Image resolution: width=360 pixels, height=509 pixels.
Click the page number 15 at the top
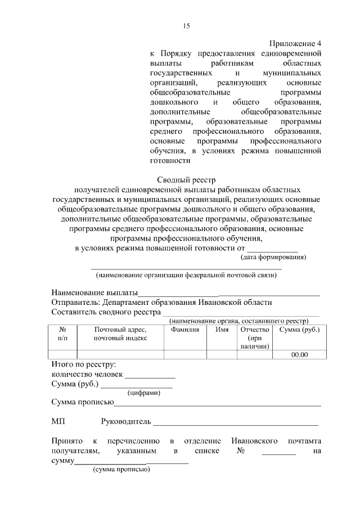[x=187, y=26]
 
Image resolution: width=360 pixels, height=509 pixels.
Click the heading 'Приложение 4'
[x=295, y=43]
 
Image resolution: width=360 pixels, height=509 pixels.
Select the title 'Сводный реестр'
[x=186, y=180]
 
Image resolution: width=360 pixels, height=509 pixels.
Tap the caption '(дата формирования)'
[x=273, y=257]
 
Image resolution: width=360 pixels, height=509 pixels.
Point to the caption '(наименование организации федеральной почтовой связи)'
[x=186, y=275]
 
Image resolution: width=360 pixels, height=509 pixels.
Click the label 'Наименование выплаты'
[x=94, y=292]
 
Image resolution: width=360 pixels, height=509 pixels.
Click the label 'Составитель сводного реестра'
[x=106, y=312]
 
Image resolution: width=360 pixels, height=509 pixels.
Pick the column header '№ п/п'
[x=63, y=334]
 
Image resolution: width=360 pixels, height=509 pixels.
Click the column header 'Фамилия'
[x=185, y=330]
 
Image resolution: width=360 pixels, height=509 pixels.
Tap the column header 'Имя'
[x=222, y=330]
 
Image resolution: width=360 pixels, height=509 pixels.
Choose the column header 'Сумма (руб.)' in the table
[x=299, y=330]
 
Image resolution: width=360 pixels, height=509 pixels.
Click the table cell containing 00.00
[x=299, y=354]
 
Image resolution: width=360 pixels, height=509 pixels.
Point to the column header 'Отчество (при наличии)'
[x=255, y=338]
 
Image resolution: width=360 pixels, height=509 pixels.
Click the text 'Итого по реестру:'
[x=83, y=364]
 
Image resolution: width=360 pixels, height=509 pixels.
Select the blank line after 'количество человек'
[x=150, y=376]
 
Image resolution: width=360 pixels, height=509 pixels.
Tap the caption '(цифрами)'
[x=144, y=393]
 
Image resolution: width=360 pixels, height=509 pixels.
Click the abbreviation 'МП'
[x=58, y=421]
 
